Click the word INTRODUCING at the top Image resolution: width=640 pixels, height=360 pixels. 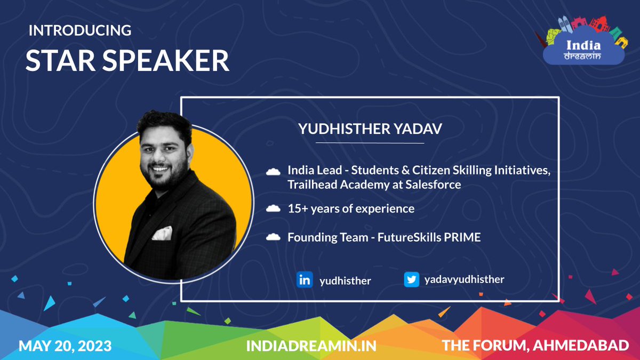(x=80, y=30)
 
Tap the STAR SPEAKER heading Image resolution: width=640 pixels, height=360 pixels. (x=127, y=61)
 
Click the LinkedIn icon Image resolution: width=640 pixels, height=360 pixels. (x=305, y=280)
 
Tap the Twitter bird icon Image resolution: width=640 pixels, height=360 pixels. (x=411, y=280)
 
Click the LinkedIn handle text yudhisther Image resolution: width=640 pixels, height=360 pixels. (x=345, y=281)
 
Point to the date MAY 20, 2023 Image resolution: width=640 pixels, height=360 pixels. (x=65, y=346)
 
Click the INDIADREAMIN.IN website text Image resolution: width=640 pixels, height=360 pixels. (x=311, y=346)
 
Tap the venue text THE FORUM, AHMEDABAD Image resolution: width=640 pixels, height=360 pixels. (x=535, y=346)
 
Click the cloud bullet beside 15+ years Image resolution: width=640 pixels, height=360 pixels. (x=274, y=209)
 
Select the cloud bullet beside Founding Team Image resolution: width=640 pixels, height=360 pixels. (x=274, y=237)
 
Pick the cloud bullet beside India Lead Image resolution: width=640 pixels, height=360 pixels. (x=274, y=172)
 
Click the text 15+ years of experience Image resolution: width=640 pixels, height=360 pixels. (x=350, y=209)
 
